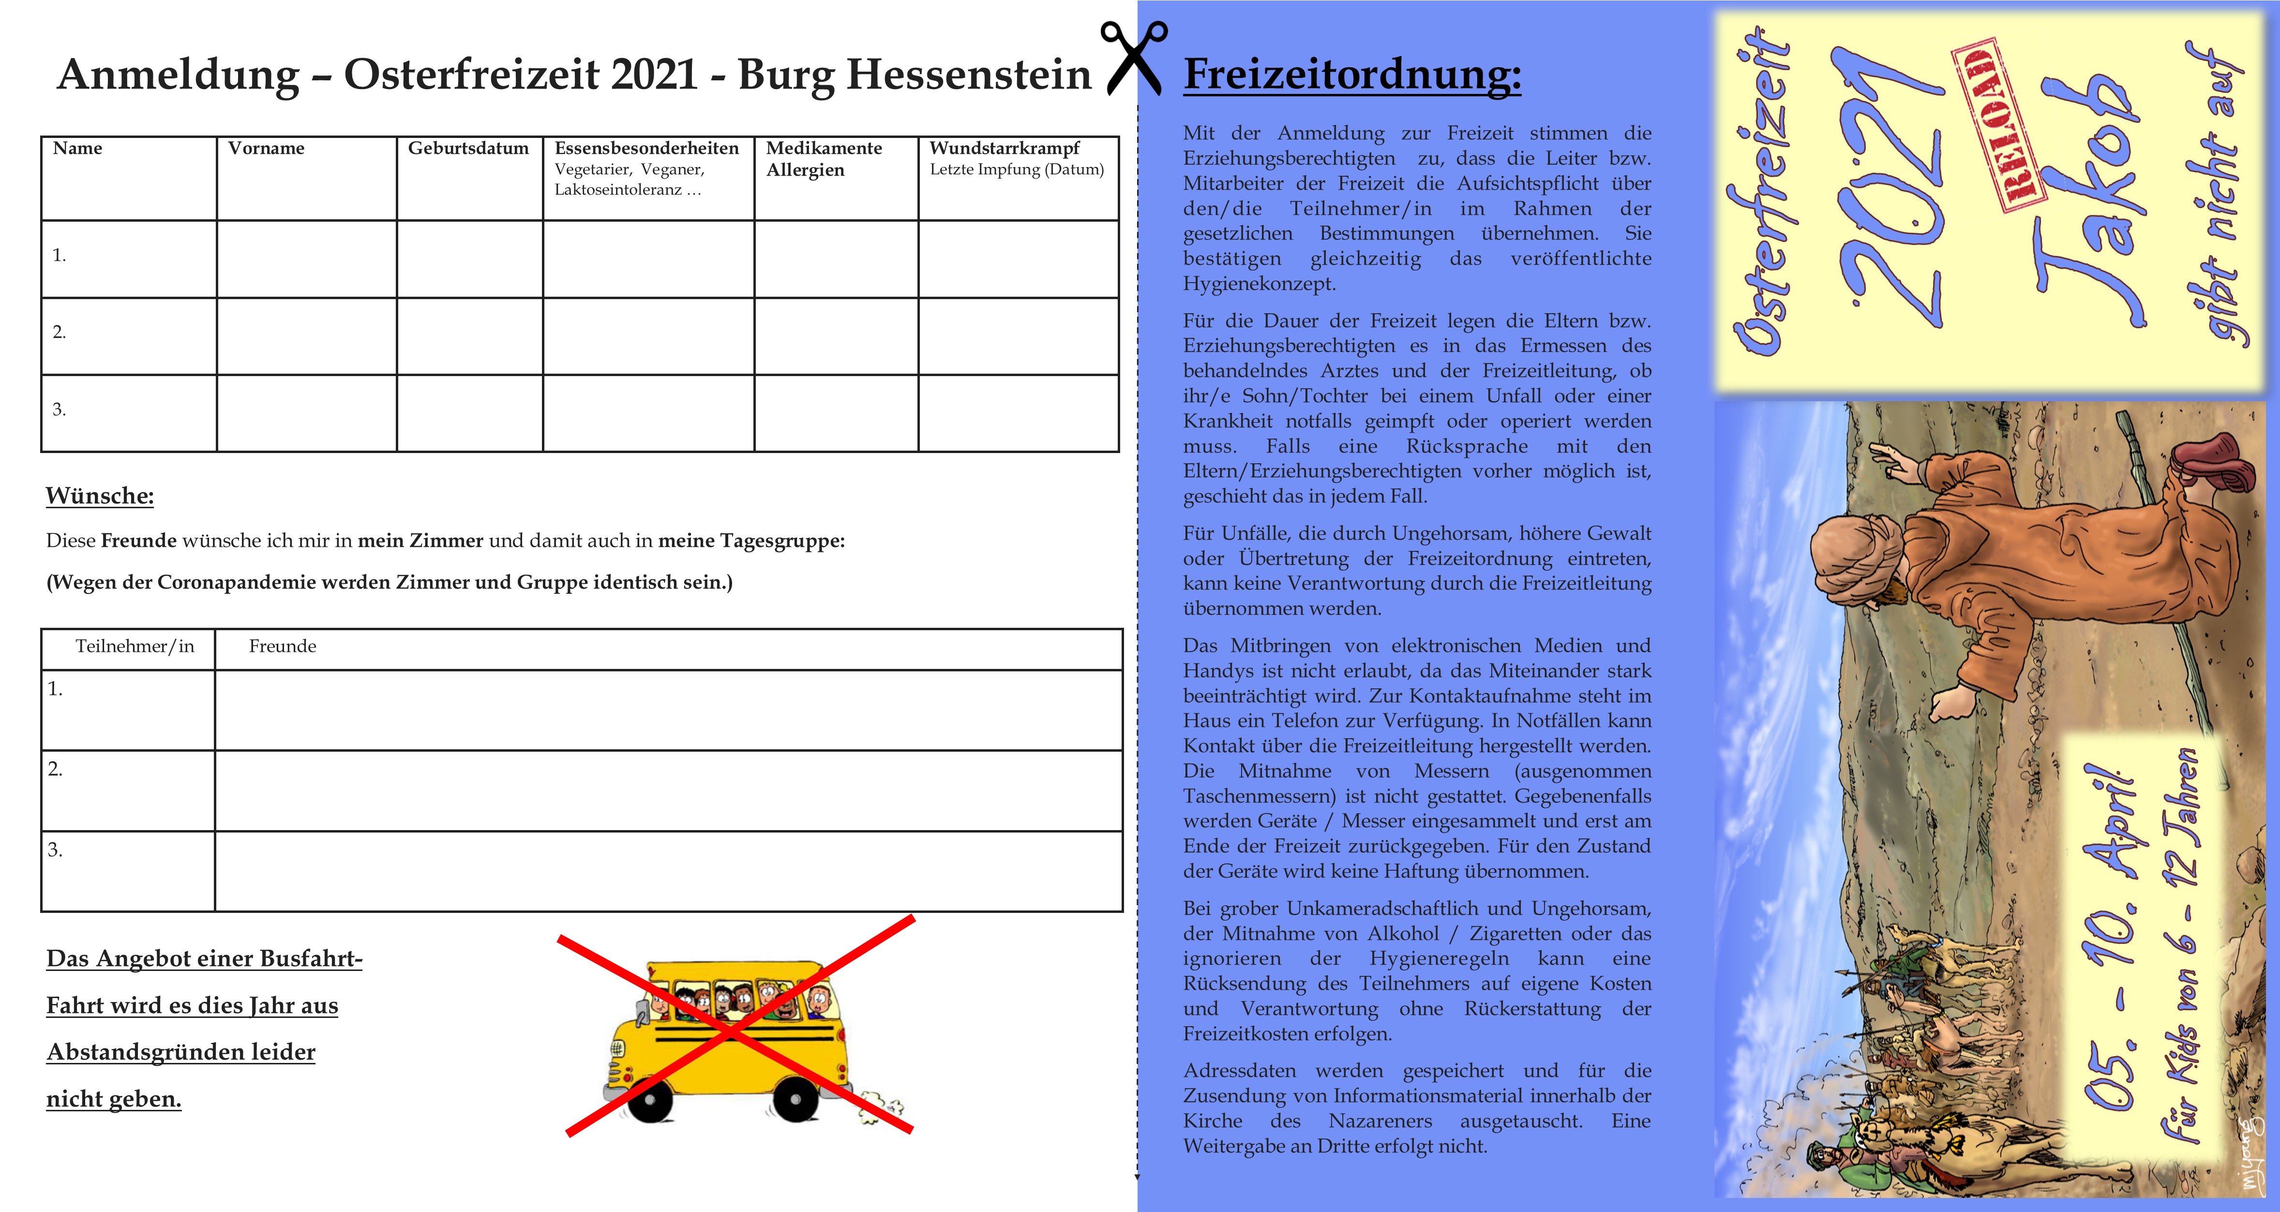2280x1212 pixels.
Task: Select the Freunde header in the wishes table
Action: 283,646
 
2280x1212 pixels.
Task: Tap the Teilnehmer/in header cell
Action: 135,646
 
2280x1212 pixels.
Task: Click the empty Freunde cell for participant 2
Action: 668,790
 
